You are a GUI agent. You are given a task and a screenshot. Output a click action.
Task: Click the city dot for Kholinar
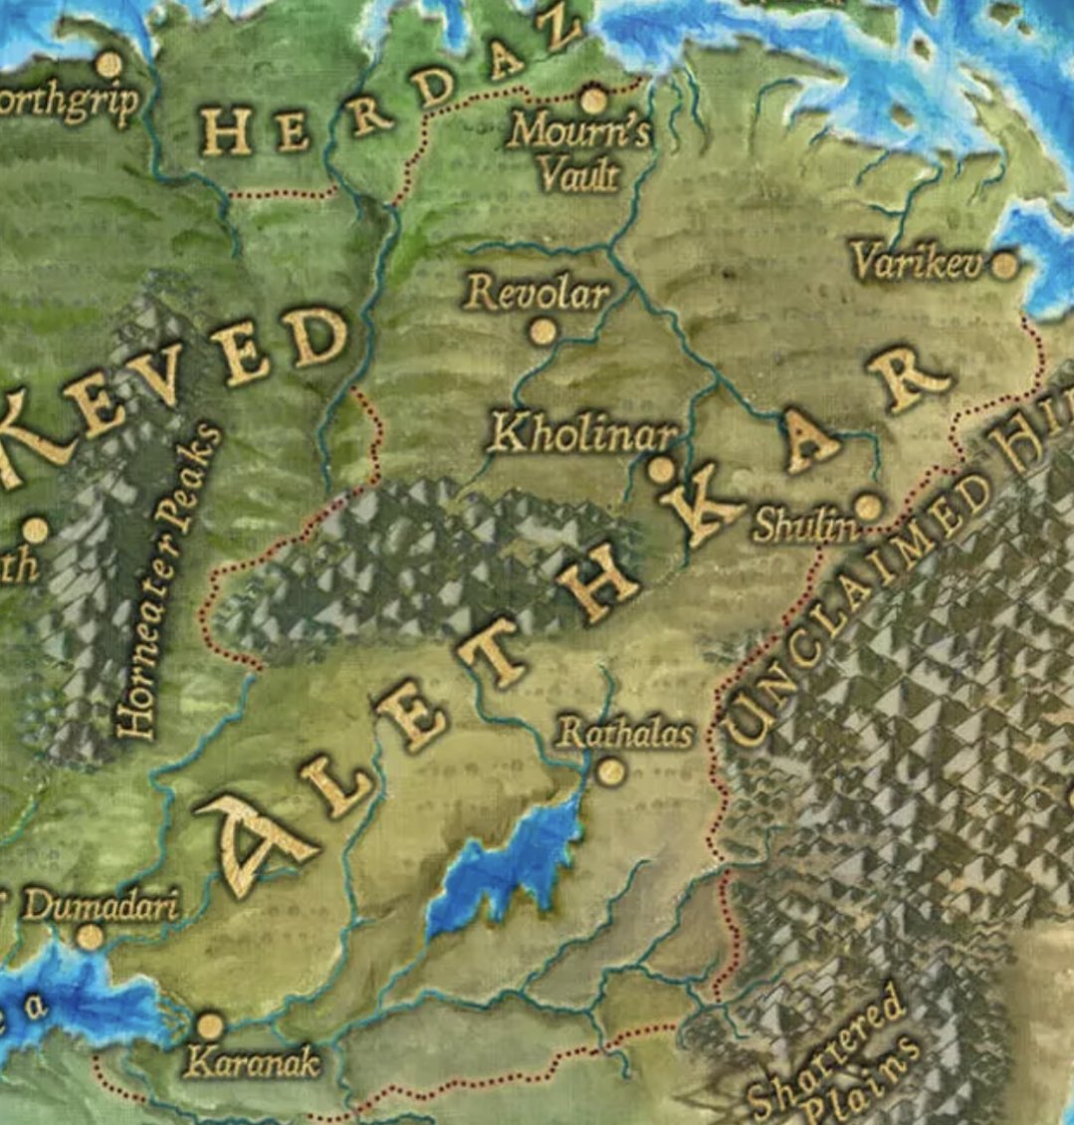[x=661, y=469]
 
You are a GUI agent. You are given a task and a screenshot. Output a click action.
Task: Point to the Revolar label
[x=537, y=293]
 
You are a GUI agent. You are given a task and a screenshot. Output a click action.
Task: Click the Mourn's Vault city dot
[x=593, y=101]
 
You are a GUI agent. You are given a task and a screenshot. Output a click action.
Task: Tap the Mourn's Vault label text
[x=579, y=151]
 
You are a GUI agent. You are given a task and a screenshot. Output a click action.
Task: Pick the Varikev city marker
[x=1005, y=264]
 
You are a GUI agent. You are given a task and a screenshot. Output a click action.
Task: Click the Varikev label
[x=918, y=262]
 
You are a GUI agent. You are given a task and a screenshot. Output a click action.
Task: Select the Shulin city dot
[x=869, y=507]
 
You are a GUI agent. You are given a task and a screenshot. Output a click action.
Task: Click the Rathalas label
[x=624, y=735]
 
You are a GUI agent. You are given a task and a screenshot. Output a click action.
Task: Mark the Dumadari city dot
[x=90, y=937]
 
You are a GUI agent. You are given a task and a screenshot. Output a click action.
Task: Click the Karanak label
[x=252, y=1063]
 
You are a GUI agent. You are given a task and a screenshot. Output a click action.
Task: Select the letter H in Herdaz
[x=225, y=131]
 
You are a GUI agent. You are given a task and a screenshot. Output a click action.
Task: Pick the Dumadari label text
[x=100, y=906]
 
